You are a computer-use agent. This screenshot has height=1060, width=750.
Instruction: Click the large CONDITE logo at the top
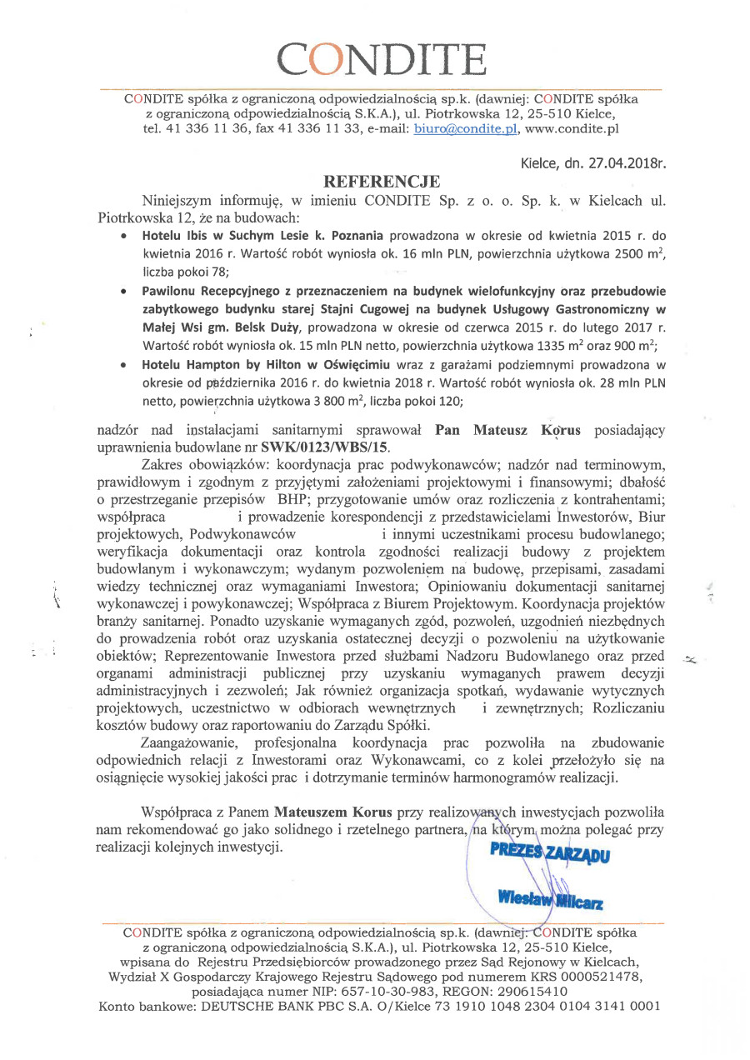[382, 58]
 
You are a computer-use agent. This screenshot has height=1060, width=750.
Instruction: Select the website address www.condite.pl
[572, 129]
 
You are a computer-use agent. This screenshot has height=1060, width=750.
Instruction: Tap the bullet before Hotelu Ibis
[124, 236]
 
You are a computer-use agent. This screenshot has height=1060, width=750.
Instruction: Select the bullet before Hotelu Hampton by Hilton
[124, 365]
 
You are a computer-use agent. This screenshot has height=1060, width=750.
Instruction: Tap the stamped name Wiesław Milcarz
[551, 901]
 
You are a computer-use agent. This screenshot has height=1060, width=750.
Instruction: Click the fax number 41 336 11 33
[307, 129]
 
